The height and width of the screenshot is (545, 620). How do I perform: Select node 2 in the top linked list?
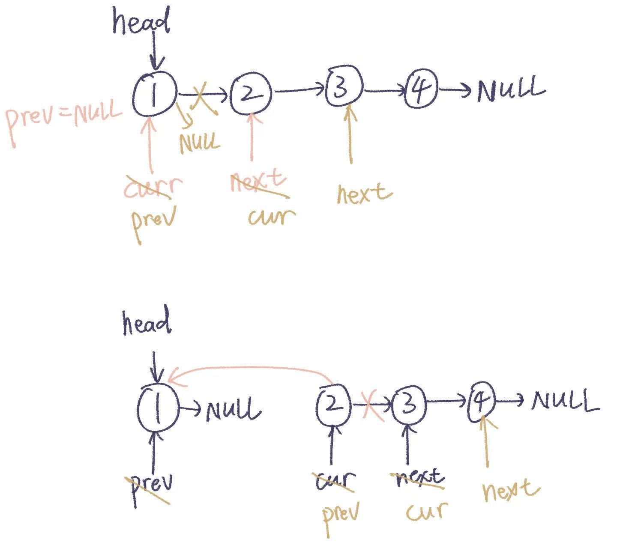(251, 94)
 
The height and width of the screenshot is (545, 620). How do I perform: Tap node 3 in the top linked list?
(344, 87)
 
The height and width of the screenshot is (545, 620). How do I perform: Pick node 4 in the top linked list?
(421, 89)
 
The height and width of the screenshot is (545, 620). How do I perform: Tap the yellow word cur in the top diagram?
(271, 216)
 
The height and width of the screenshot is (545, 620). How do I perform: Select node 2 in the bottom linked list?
(333, 405)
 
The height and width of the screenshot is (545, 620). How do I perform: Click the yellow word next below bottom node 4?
(510, 491)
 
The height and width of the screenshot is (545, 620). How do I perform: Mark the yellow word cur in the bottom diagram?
(426, 512)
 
